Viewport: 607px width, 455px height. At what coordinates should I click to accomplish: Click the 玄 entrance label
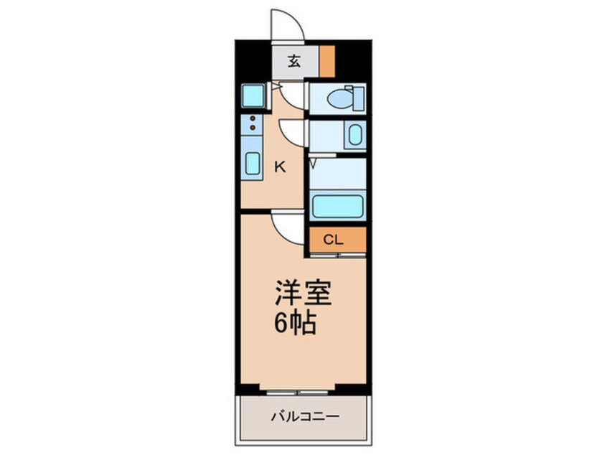(x=294, y=61)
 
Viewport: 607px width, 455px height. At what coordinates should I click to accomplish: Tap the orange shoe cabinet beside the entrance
(x=327, y=61)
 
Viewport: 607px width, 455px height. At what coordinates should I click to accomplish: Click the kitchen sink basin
(x=253, y=164)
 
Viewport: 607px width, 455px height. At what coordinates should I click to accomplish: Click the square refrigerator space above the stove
(x=253, y=95)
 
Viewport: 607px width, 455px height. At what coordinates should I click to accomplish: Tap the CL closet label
(x=333, y=240)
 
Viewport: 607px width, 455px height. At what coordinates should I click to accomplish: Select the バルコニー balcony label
(x=304, y=416)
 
